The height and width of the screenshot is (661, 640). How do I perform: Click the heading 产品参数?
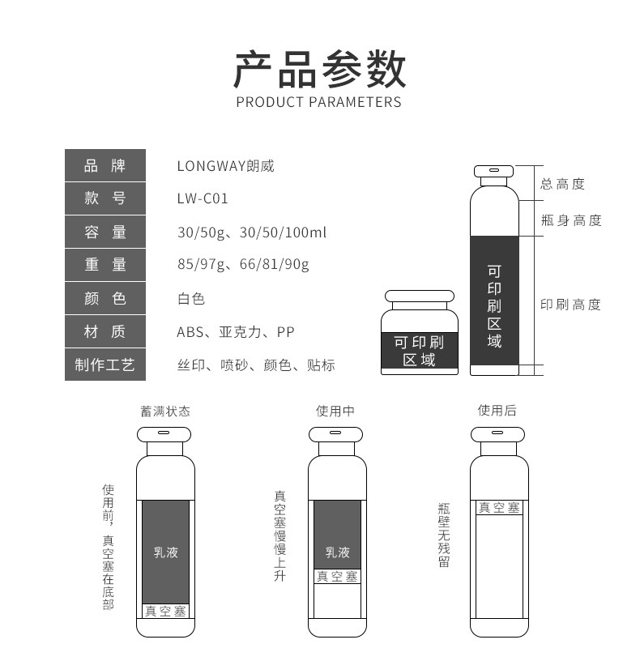click(x=319, y=68)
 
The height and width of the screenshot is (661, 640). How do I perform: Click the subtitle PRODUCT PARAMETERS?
click(x=319, y=102)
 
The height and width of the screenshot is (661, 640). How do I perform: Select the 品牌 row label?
click(x=105, y=166)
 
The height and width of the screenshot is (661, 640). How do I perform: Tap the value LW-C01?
click(x=203, y=199)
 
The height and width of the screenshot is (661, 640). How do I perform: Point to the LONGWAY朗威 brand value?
click(x=225, y=166)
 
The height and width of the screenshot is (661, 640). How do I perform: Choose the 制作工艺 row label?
click(x=105, y=365)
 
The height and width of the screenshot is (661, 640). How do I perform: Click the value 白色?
click(x=191, y=298)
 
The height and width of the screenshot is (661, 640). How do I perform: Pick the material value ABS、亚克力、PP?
click(x=236, y=332)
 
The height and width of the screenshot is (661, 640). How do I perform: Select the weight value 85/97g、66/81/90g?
click(x=243, y=265)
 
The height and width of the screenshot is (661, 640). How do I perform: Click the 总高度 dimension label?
click(x=562, y=185)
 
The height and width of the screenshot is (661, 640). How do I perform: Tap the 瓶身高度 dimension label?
click(x=571, y=220)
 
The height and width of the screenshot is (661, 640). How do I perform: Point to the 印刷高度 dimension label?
click(x=571, y=305)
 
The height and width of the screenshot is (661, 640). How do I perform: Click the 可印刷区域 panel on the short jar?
click(x=419, y=351)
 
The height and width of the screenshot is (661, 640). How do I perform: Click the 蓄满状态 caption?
click(x=165, y=411)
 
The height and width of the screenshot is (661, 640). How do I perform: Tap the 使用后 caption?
click(x=497, y=411)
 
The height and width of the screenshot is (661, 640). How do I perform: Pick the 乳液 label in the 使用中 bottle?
click(x=337, y=552)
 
